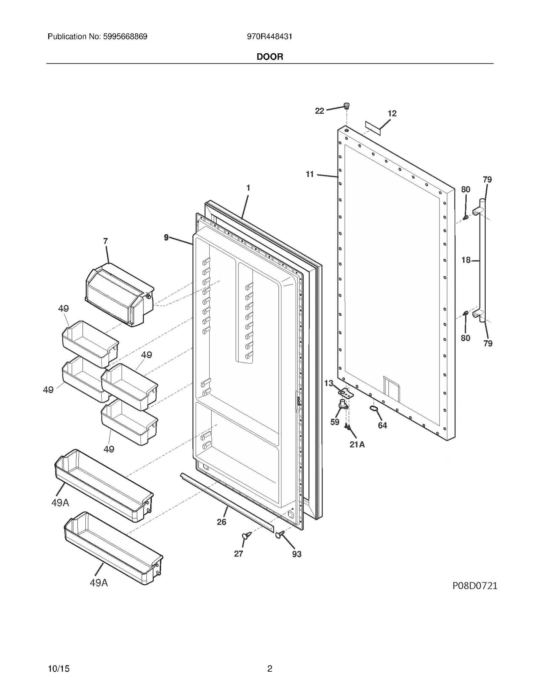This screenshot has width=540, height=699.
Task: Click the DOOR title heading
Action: (270, 57)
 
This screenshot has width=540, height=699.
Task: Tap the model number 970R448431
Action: (269, 36)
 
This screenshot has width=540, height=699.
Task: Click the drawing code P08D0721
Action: (475, 586)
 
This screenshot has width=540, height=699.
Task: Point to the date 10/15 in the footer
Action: (59, 669)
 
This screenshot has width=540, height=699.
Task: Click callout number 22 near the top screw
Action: (319, 111)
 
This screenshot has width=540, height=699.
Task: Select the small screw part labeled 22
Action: (346, 106)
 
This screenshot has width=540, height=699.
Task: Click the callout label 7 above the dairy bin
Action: (105, 241)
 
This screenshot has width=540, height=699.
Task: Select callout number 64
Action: (382, 425)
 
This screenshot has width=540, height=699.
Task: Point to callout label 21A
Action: (357, 445)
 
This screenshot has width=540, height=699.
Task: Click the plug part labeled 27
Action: (246, 535)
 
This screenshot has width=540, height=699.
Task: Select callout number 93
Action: (296, 554)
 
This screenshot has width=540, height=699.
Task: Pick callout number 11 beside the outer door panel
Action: (309, 174)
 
